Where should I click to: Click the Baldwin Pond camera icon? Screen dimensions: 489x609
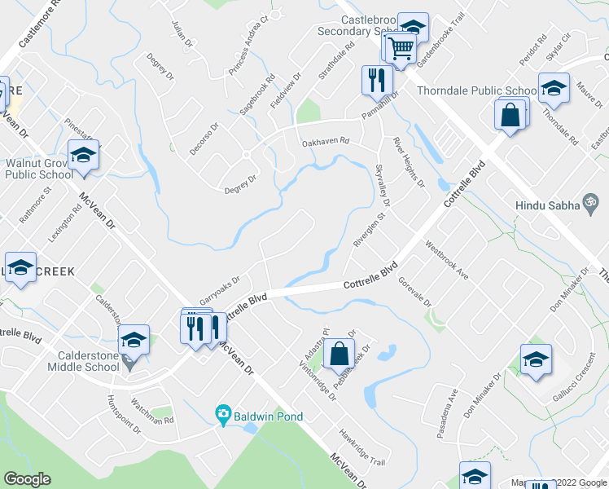(x=222, y=416)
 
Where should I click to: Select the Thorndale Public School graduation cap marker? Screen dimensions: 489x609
(x=554, y=88)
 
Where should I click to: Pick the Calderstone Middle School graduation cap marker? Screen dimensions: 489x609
(x=134, y=339)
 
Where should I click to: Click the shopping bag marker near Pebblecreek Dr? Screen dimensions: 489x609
(x=339, y=355)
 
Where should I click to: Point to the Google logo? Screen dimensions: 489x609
(x=27, y=479)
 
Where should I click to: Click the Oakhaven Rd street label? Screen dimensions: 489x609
(x=325, y=141)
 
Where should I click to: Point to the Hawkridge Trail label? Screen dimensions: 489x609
(x=361, y=448)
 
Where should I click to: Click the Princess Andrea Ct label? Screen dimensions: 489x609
(x=248, y=46)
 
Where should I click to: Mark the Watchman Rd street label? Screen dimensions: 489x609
(x=152, y=411)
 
